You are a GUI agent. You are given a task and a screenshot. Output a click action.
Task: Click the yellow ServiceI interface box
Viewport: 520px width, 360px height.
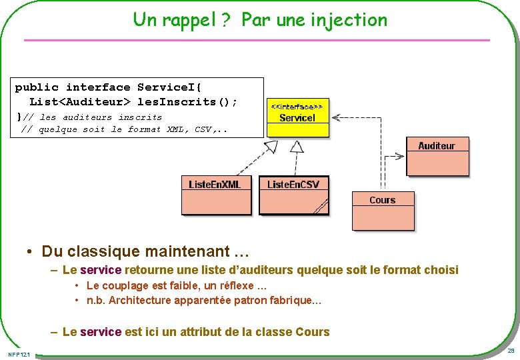[298, 118]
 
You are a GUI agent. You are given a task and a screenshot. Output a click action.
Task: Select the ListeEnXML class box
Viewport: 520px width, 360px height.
[214, 194]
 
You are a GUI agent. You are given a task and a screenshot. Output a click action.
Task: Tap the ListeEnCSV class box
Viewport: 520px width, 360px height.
[293, 194]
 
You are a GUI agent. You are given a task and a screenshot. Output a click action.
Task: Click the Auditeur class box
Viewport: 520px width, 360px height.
[437, 156]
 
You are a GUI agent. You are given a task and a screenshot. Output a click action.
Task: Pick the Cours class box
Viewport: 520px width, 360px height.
[383, 209]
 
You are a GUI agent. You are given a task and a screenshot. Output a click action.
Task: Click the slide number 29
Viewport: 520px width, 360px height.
[511, 351]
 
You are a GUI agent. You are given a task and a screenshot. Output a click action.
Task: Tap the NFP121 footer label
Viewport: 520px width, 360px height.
[19, 353]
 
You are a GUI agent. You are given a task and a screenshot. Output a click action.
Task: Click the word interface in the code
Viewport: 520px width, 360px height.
[98, 87]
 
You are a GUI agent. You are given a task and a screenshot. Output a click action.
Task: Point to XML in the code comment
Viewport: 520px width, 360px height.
[175, 129]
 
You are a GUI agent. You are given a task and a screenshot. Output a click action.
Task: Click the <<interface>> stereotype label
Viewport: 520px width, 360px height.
[297, 106]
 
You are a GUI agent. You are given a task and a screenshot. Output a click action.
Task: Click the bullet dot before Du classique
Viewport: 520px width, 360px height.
[30, 252]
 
